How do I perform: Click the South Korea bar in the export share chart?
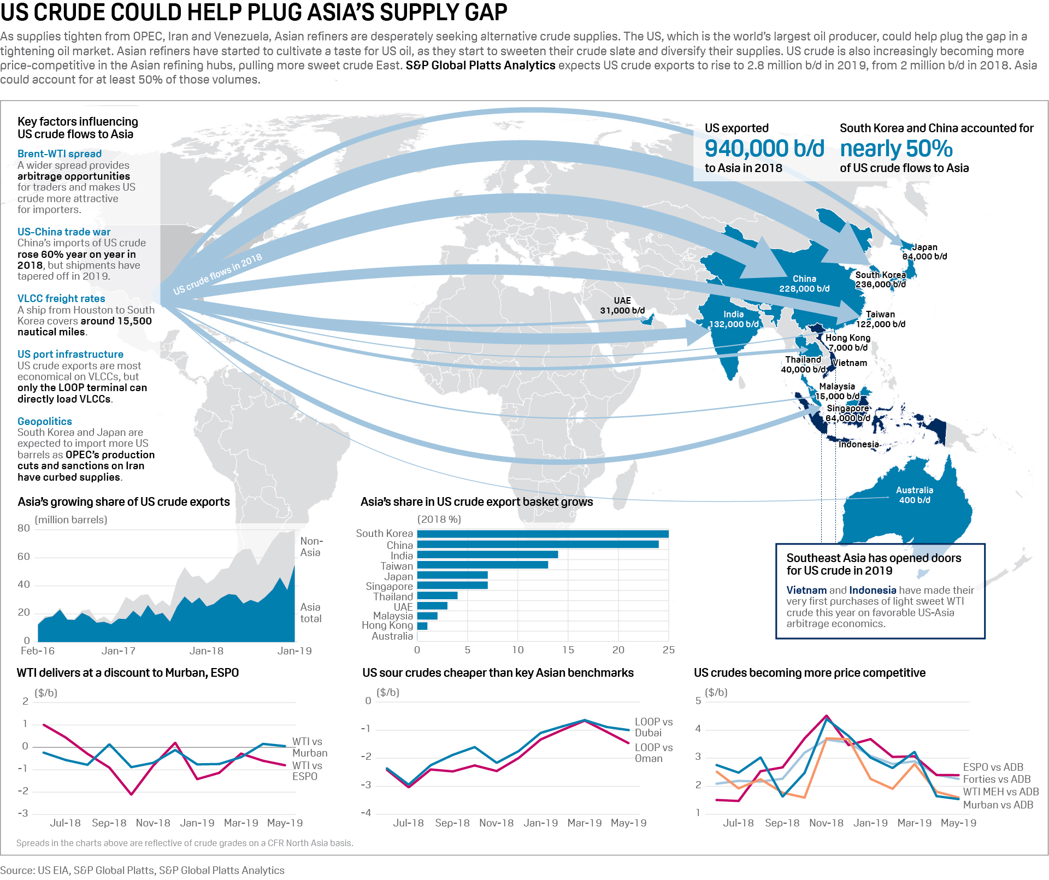click(543, 534)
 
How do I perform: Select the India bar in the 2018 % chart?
click(487, 554)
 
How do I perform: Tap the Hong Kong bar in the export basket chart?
click(422, 626)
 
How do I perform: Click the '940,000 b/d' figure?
click(764, 149)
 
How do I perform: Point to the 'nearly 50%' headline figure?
click(896, 149)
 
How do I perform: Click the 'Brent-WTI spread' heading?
click(60, 153)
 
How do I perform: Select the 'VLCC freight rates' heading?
click(61, 298)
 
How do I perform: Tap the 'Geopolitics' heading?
click(45, 421)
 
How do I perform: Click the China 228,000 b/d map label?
click(804, 284)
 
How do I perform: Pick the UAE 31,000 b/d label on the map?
click(622, 306)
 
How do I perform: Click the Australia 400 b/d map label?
click(914, 495)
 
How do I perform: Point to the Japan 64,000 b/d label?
click(924, 252)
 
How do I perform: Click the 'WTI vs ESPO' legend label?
click(307, 771)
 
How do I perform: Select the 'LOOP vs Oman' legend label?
click(653, 753)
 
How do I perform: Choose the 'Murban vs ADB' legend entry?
click(998, 805)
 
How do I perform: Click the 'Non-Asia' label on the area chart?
click(311, 547)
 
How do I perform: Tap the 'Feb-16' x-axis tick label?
click(38, 651)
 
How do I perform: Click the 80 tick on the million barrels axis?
click(23, 528)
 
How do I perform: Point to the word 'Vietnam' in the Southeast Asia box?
click(806, 590)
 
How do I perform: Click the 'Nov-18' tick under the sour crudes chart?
click(496, 823)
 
